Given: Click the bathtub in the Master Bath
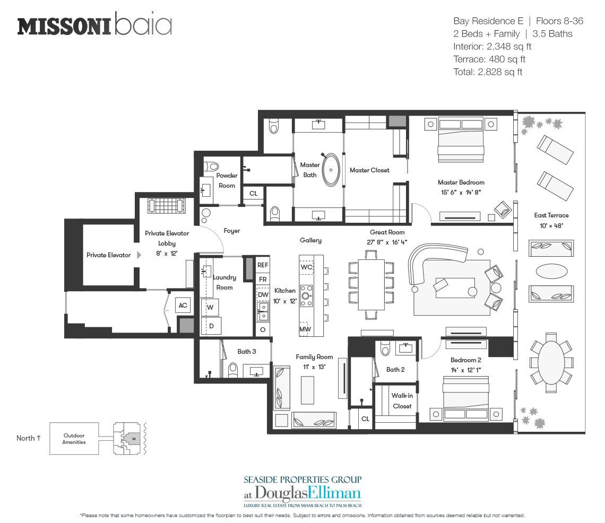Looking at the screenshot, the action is pos(331,170).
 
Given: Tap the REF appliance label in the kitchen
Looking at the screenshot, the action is pos(263,265).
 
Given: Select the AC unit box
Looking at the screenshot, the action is pos(183,305).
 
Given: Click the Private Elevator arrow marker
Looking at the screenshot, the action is pos(139,255).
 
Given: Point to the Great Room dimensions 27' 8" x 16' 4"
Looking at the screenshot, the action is pos(387,242).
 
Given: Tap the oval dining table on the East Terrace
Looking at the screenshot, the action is pos(551,363).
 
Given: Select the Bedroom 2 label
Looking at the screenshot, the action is pos(466,360).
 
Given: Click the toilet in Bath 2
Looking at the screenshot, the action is pos(385,349).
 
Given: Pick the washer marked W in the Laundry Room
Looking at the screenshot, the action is pos(210,308).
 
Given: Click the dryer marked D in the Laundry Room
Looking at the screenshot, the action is pos(211,326).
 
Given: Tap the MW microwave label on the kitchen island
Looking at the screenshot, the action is pos(305,329).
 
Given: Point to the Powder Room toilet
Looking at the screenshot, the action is pos(211,166).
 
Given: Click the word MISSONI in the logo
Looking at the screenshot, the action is pos(65,26).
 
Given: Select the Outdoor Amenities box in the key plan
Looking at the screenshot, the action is pos(74,439).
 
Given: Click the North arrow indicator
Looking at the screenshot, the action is pos(39,438).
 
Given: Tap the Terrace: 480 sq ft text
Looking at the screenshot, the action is pos(489,59).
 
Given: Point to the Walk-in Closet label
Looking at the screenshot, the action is pos(402,400).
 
